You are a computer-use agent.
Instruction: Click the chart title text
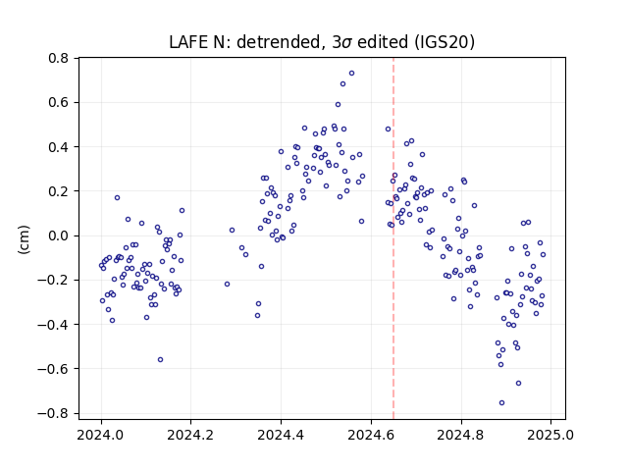point(322,42)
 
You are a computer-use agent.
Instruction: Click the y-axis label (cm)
point(24,239)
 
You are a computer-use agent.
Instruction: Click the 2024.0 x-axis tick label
point(101,435)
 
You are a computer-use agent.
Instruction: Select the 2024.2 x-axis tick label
point(191,435)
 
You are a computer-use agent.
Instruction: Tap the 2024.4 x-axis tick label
point(282,435)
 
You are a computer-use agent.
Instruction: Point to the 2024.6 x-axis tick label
point(371,435)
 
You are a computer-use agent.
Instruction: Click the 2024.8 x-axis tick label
point(461,435)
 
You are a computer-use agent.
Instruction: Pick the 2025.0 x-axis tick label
point(551,435)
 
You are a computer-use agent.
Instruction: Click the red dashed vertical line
point(393,238)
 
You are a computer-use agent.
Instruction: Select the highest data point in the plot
point(351,74)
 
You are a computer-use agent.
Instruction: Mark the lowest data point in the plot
point(501,403)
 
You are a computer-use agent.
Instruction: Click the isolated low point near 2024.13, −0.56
point(160,360)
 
